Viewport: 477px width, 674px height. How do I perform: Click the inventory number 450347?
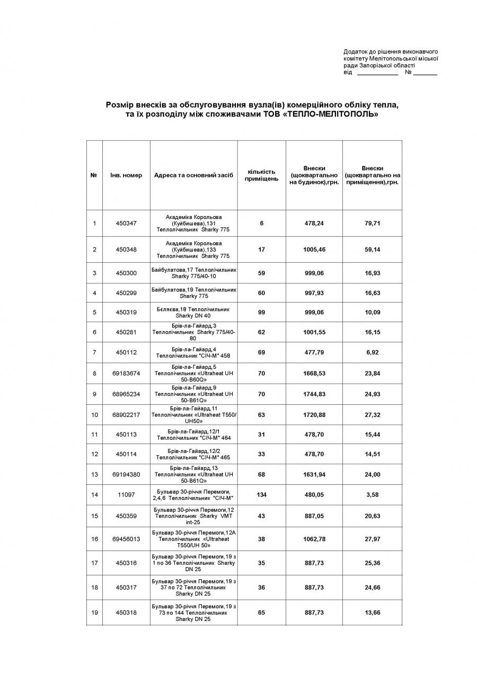pos(126,223)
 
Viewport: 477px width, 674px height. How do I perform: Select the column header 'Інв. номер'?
pos(126,175)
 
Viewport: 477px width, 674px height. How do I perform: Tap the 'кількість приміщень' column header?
pos(261,175)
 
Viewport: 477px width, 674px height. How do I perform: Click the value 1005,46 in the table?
pos(314,249)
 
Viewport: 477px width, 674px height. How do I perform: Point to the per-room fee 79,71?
pos(372,223)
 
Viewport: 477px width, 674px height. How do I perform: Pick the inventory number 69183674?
pos(126,373)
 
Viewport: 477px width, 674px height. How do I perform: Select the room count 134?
pos(261,495)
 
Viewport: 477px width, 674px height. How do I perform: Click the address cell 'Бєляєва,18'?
pos(193,312)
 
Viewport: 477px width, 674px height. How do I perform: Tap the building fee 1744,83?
pos(314,394)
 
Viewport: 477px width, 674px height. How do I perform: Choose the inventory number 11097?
pos(126,495)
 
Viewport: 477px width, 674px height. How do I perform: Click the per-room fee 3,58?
pos(372,495)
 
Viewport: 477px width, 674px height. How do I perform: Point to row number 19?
pos(94,613)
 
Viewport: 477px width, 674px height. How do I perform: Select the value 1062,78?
pos(314,539)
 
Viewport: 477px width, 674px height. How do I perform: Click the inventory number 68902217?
pos(126,415)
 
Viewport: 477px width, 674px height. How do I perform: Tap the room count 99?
pos(261,312)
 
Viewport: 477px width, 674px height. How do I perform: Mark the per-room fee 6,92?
pos(372,352)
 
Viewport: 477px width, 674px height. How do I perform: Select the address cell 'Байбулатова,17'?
pos(193,273)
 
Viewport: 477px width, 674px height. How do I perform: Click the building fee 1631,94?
pos(314,474)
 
